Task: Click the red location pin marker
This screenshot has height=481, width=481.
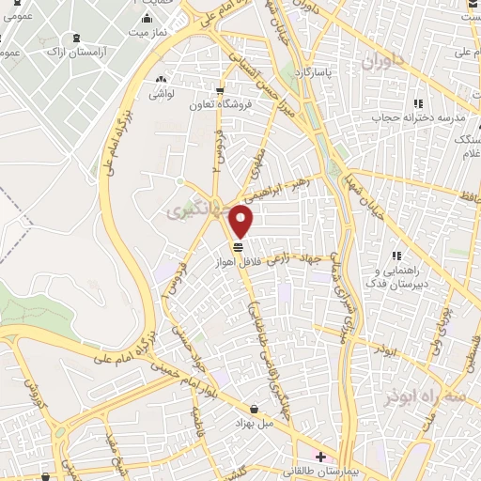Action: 241,222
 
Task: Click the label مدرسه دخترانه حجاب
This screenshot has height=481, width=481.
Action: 435,119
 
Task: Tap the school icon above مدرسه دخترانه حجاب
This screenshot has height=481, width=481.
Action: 417,103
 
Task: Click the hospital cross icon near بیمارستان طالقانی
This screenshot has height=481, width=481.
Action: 319,457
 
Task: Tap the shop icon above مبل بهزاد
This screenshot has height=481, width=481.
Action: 256,408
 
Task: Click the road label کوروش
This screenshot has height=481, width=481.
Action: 28,382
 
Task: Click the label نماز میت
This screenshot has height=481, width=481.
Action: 148,32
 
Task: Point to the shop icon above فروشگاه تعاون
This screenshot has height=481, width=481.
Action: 220,91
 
